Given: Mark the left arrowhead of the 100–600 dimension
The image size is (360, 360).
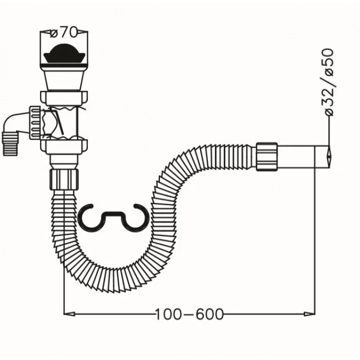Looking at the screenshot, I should pyautogui.click(x=69, y=314).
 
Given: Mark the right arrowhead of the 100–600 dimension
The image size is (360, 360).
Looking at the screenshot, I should pyautogui.click(x=310, y=314).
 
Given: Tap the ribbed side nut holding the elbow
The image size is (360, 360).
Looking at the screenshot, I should pyautogui.click(x=35, y=122).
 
